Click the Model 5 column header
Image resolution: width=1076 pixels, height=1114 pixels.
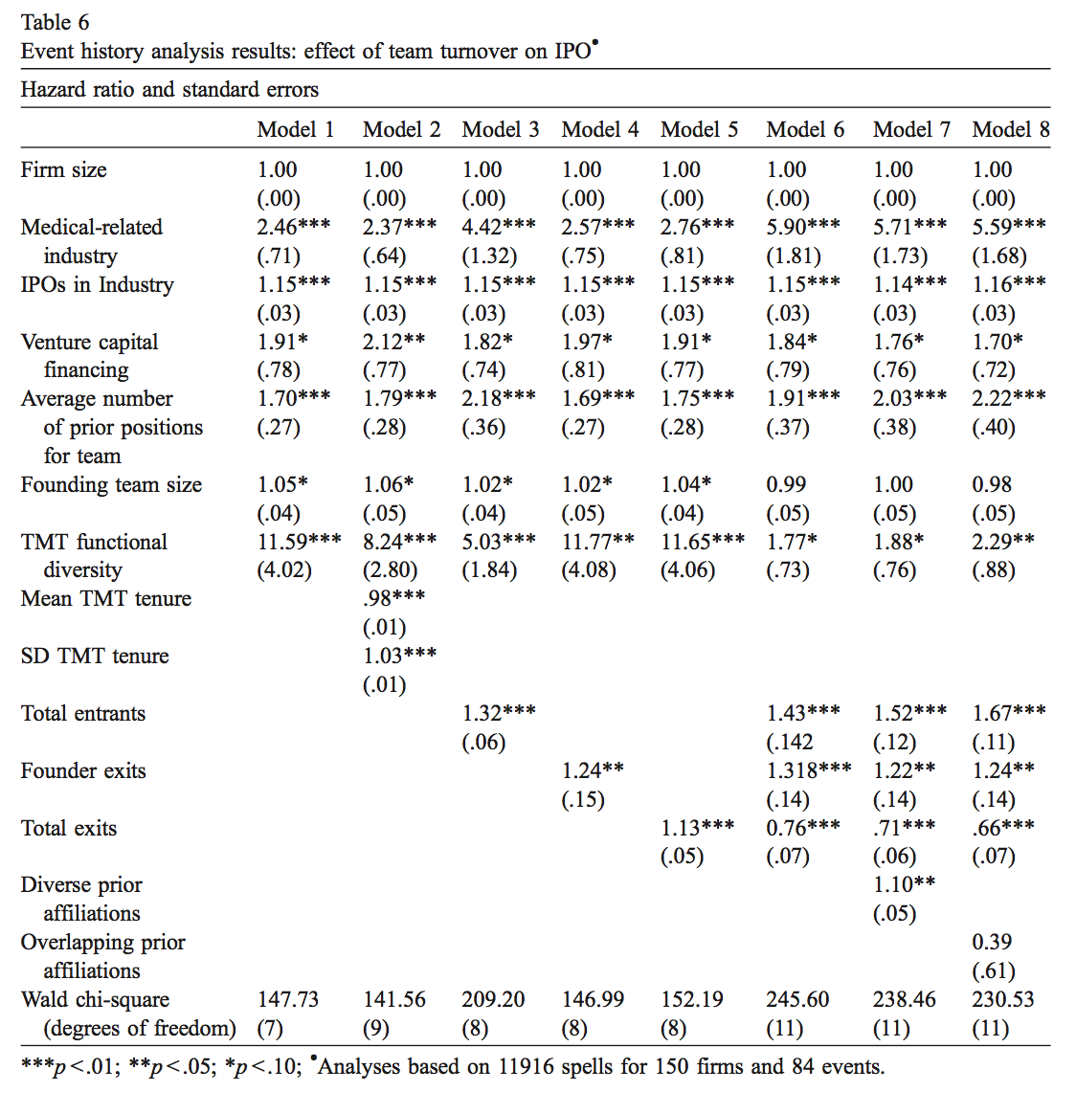[x=699, y=130]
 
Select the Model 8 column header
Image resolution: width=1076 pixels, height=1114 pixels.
[x=1011, y=130]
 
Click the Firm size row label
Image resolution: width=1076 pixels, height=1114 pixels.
[x=63, y=170]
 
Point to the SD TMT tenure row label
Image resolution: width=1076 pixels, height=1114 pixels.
[x=95, y=657]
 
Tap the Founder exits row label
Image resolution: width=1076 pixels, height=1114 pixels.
[x=83, y=771]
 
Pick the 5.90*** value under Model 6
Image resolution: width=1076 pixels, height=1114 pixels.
[x=803, y=227]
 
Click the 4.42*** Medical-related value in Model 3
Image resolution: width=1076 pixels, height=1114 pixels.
[x=499, y=227]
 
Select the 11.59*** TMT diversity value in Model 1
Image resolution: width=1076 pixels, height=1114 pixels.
[x=299, y=542]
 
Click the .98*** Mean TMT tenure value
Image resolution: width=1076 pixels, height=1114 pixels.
[x=393, y=598]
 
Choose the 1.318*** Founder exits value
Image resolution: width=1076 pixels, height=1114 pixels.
[x=808, y=770]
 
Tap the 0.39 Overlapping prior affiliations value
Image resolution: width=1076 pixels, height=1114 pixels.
[x=992, y=943]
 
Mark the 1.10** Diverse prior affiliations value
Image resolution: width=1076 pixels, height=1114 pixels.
[x=904, y=885]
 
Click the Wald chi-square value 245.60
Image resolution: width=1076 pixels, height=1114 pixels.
[x=797, y=1000]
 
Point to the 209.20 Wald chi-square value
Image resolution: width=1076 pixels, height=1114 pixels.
[x=493, y=1000]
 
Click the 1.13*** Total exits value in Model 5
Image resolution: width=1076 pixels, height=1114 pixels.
[x=697, y=828]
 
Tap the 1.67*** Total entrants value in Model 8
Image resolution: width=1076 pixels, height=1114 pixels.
[x=1009, y=713]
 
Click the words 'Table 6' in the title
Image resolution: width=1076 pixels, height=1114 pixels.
[x=55, y=22]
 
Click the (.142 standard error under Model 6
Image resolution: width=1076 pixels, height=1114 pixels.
[x=790, y=743]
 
